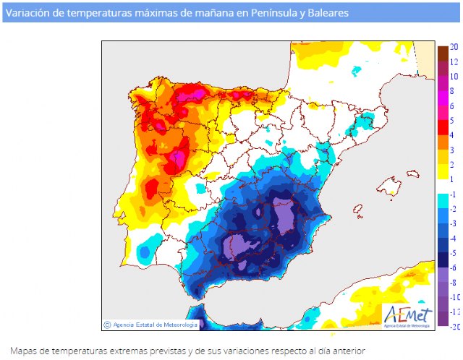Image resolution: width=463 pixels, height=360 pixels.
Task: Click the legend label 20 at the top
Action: point(454,47)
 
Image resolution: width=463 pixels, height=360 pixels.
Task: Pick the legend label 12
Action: point(454,62)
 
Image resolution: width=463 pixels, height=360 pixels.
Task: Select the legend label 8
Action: point(454,91)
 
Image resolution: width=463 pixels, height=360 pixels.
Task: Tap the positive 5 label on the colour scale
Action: point(453,121)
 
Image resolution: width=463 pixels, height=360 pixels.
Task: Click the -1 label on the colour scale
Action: point(454,194)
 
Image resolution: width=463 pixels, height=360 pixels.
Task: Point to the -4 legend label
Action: point(454,239)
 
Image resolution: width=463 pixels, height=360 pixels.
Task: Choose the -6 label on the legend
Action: point(454,267)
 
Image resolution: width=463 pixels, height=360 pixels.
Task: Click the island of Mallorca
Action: point(391,188)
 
